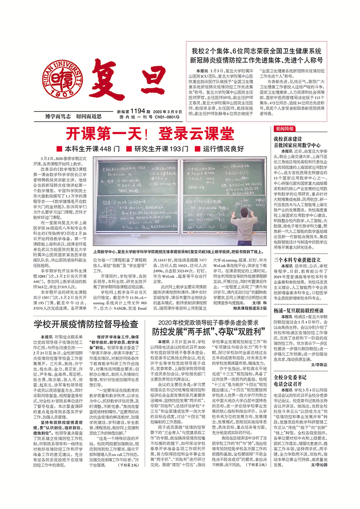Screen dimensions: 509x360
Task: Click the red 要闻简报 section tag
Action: point(284,129)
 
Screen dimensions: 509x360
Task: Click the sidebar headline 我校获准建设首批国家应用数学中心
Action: point(297,142)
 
